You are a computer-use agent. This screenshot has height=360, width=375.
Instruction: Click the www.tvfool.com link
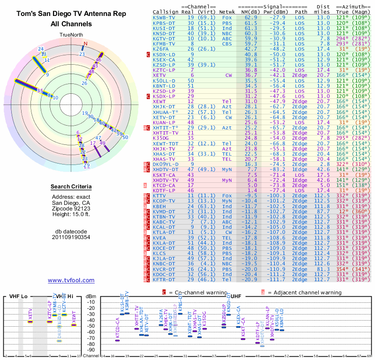(71, 280)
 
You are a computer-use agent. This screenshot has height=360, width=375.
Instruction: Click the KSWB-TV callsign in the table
(164, 17)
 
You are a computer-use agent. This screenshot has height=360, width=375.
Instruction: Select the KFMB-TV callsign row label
(164, 43)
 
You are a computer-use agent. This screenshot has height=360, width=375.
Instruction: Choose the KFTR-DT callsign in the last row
(164, 279)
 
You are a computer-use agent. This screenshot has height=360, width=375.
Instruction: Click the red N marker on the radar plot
(85, 44)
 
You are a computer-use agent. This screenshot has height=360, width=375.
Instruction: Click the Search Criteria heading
(71, 187)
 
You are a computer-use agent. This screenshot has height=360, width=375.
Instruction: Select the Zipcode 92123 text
(71, 209)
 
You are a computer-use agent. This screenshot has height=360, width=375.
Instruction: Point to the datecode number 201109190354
(71, 237)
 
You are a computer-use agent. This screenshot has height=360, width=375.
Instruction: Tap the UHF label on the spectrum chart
(236, 296)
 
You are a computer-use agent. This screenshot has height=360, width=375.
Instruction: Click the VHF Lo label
(17, 296)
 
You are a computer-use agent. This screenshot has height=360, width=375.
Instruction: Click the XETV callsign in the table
(159, 75)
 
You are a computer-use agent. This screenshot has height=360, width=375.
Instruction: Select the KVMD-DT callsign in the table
(164, 211)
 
